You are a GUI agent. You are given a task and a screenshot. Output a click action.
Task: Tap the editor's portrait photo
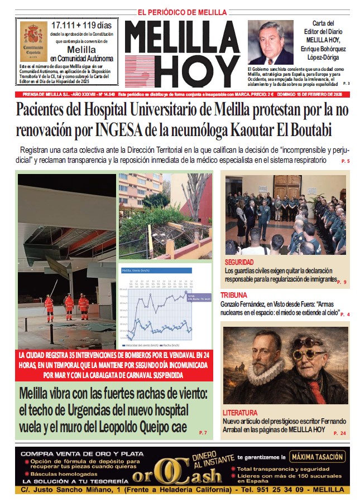point(270,42)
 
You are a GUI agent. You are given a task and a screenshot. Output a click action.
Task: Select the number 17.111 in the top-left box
point(65,25)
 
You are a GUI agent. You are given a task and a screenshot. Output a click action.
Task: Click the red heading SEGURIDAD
point(239,262)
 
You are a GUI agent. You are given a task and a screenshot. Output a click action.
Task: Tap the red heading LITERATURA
point(240,413)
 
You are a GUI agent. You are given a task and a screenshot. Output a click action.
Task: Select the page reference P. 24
point(339,433)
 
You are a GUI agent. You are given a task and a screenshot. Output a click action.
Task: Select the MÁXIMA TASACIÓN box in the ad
point(317,457)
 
